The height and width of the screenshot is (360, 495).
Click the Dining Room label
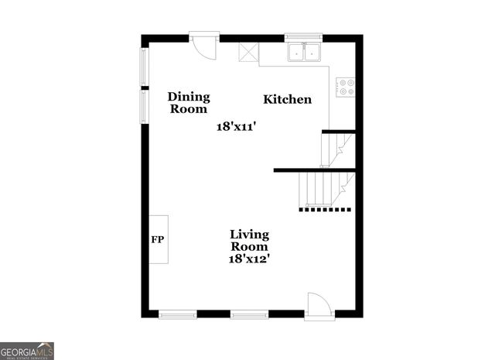tap(189, 103)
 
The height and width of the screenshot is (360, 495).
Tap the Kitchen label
tap(288, 99)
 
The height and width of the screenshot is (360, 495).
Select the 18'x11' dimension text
tap(236, 126)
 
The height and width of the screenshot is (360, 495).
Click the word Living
tap(249, 234)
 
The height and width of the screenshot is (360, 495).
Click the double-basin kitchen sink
tap(305, 53)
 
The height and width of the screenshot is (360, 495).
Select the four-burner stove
tap(345, 87)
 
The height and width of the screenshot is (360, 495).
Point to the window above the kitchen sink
tap(303, 36)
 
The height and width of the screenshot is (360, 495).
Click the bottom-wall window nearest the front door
tap(249, 314)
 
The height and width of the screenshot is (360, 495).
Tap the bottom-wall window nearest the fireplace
tap(177, 314)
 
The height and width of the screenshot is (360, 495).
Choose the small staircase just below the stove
tap(336, 149)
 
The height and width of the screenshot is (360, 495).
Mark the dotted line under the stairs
tap(325, 209)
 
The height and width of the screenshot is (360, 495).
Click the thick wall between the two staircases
tap(314, 170)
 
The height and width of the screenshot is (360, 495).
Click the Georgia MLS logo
tap(27, 351)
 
